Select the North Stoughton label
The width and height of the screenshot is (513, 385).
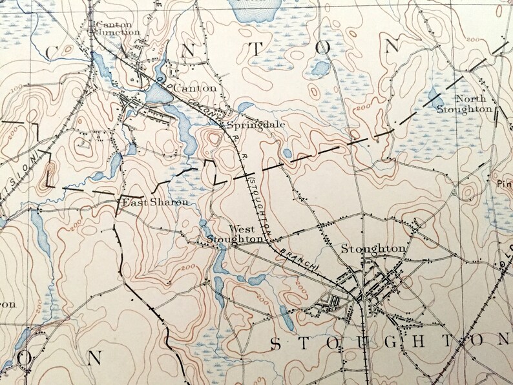tap(474, 104)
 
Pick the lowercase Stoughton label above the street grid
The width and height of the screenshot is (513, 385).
tap(373, 248)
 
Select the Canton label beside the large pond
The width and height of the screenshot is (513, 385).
tap(194, 87)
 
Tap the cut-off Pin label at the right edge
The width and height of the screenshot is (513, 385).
tap(504, 183)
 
